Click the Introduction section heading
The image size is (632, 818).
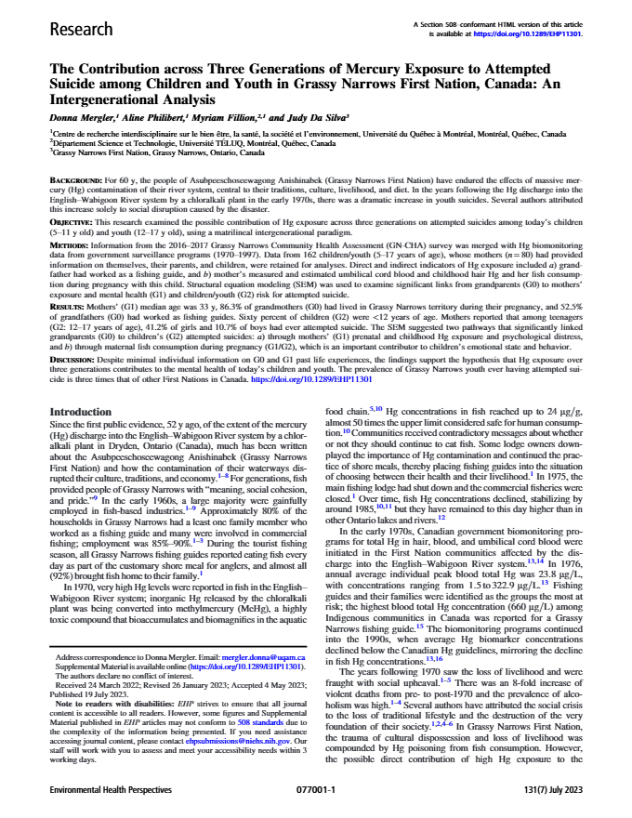tap(82, 411)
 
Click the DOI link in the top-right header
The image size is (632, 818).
tap(529, 33)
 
